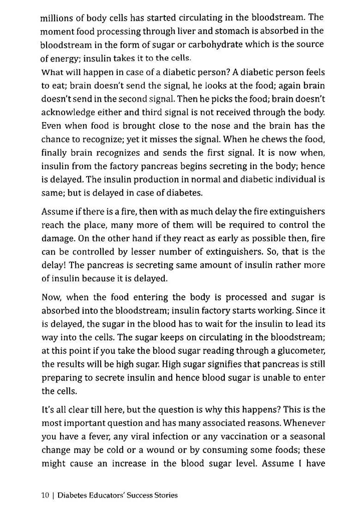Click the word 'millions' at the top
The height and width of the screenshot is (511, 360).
[x=58, y=18]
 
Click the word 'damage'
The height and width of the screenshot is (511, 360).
[x=57, y=238]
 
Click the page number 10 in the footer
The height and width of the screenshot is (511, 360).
[x=45, y=496]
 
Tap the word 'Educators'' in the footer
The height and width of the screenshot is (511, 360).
[x=104, y=496]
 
